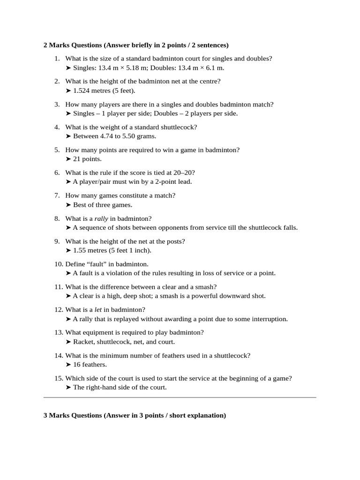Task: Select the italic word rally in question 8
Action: click(101, 218)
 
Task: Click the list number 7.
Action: click(57, 195)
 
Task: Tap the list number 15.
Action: click(58, 378)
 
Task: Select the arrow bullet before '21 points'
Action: click(68, 159)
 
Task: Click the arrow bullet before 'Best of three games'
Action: click(68, 205)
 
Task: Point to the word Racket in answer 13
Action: click(83, 342)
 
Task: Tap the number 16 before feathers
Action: click(77, 365)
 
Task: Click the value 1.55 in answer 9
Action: click(81, 250)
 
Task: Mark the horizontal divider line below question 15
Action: click(180, 397)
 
